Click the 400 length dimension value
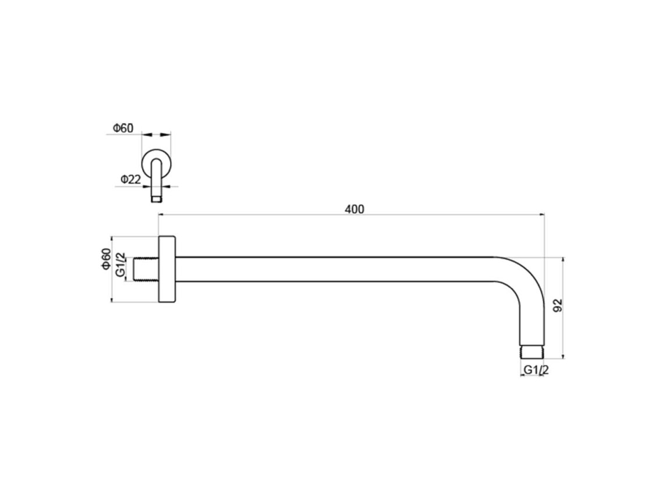click(x=354, y=209)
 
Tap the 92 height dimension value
click(x=558, y=305)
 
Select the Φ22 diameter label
click(x=131, y=179)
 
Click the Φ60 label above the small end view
click(x=123, y=128)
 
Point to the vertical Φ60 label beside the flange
click(x=106, y=258)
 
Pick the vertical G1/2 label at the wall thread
click(x=121, y=265)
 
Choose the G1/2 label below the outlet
click(x=536, y=370)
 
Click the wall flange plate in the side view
click(x=167, y=269)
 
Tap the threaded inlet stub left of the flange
click(x=146, y=269)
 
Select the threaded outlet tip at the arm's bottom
click(x=532, y=351)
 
